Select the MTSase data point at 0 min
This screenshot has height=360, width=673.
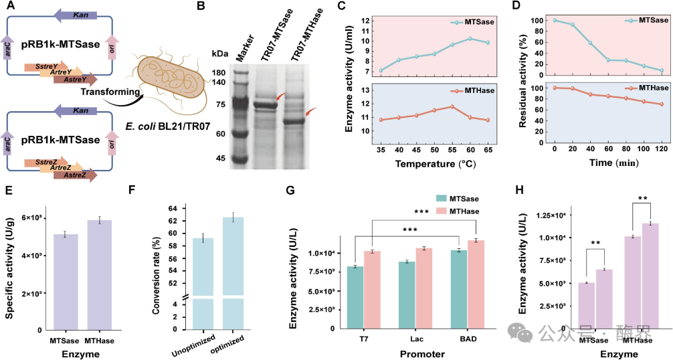[x=536, y=20]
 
